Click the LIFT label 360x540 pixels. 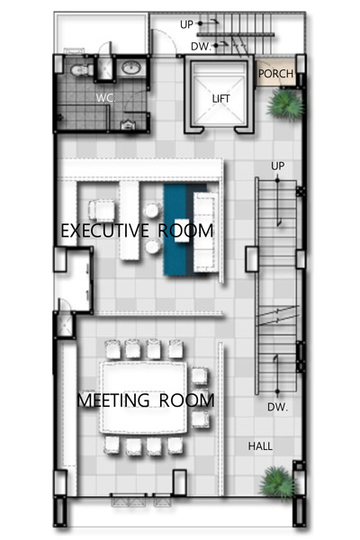pyautogui.click(x=220, y=99)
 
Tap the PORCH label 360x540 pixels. pyautogui.click(x=275, y=74)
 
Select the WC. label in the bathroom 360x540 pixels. pyautogui.click(x=106, y=98)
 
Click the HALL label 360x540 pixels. pyautogui.click(x=260, y=446)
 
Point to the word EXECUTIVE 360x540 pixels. pyautogui.click(x=105, y=230)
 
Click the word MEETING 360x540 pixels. pyautogui.click(x=113, y=400)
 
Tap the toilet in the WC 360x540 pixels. pyautogui.click(x=82, y=70)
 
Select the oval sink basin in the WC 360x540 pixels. pyautogui.click(x=130, y=67)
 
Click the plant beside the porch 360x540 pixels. pyautogui.click(x=285, y=103)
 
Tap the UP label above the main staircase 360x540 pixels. pyautogui.click(x=278, y=166)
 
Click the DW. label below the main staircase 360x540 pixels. pyautogui.click(x=277, y=408)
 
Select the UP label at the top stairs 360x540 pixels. pyautogui.click(x=186, y=24)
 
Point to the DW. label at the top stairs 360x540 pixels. pyautogui.click(x=201, y=47)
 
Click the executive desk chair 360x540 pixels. pyautogui.click(x=102, y=210)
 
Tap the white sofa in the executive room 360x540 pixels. pyautogui.click(x=206, y=232)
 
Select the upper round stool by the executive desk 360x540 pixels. pyautogui.click(x=152, y=211)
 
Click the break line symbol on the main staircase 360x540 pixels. pyautogui.click(x=278, y=316)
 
